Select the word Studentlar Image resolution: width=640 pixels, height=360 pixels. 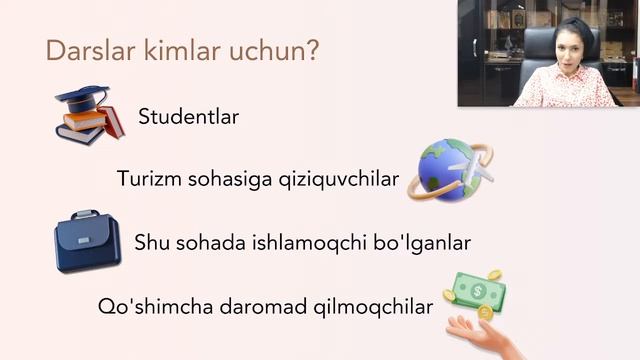tap(189, 117)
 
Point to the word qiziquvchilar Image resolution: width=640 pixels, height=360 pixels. tap(342, 180)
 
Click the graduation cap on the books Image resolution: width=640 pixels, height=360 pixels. tap(82, 99)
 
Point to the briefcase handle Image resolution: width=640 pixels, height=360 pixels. tap(85, 216)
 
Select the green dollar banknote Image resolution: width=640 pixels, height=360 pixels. tap(475, 291)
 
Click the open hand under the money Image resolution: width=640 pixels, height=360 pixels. tap(488, 335)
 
